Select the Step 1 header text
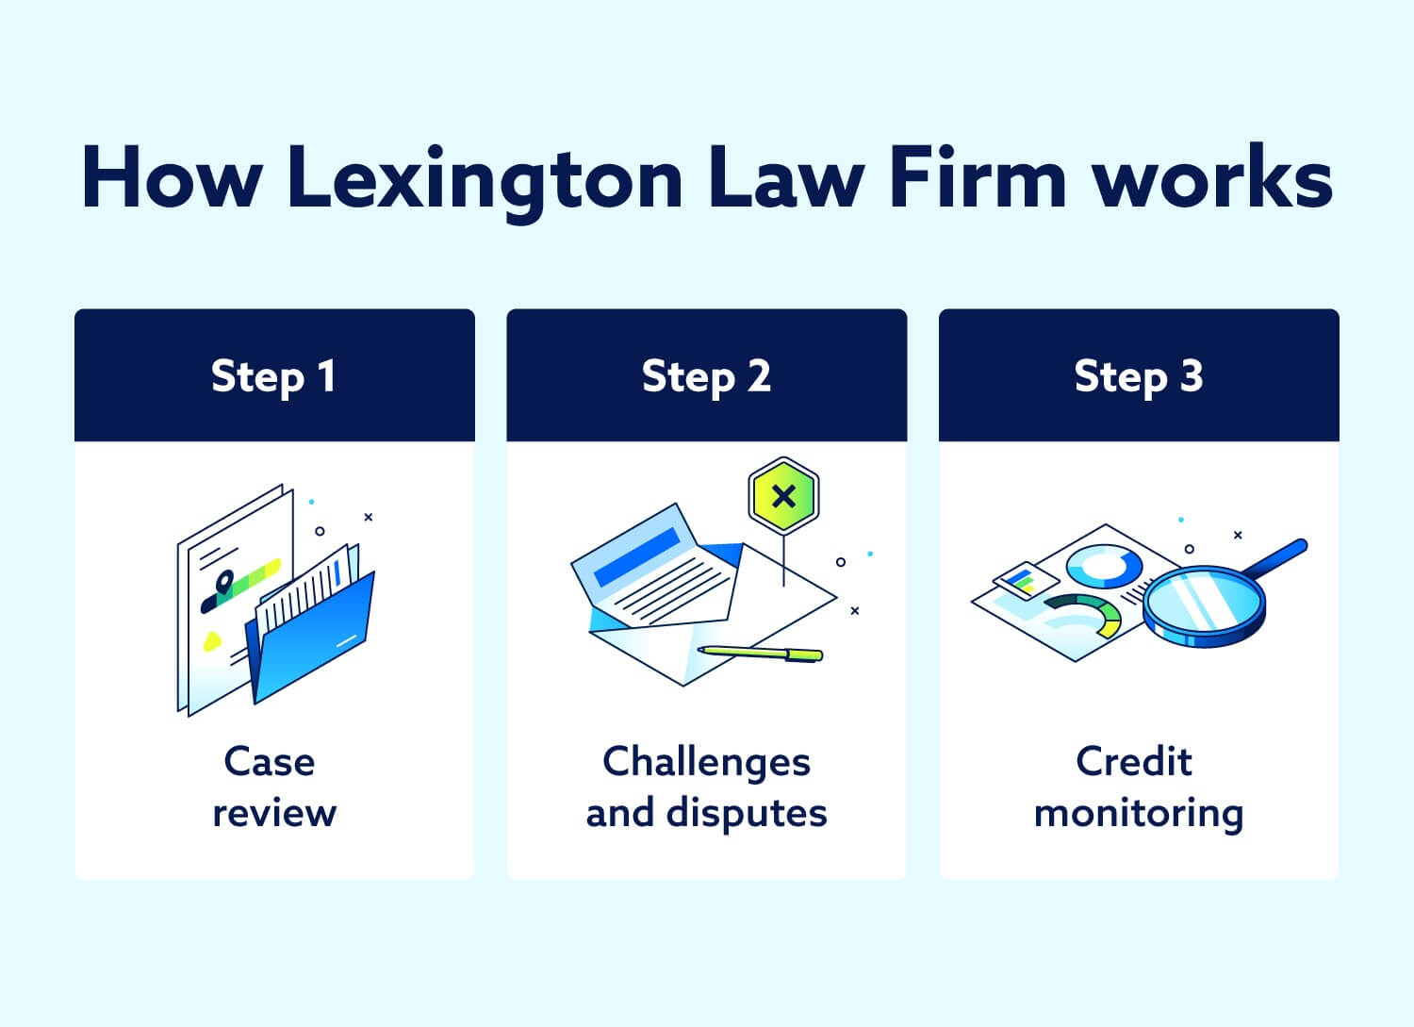[x=273, y=377]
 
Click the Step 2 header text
[x=706, y=377]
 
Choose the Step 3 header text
[x=1138, y=377]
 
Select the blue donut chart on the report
[x=1104, y=567]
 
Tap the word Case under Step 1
[x=270, y=762]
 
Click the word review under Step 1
[x=274, y=813]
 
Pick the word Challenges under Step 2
[x=706, y=762]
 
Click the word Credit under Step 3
[x=1134, y=762]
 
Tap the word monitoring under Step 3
[x=1139, y=813]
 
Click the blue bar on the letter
[x=636, y=557]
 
